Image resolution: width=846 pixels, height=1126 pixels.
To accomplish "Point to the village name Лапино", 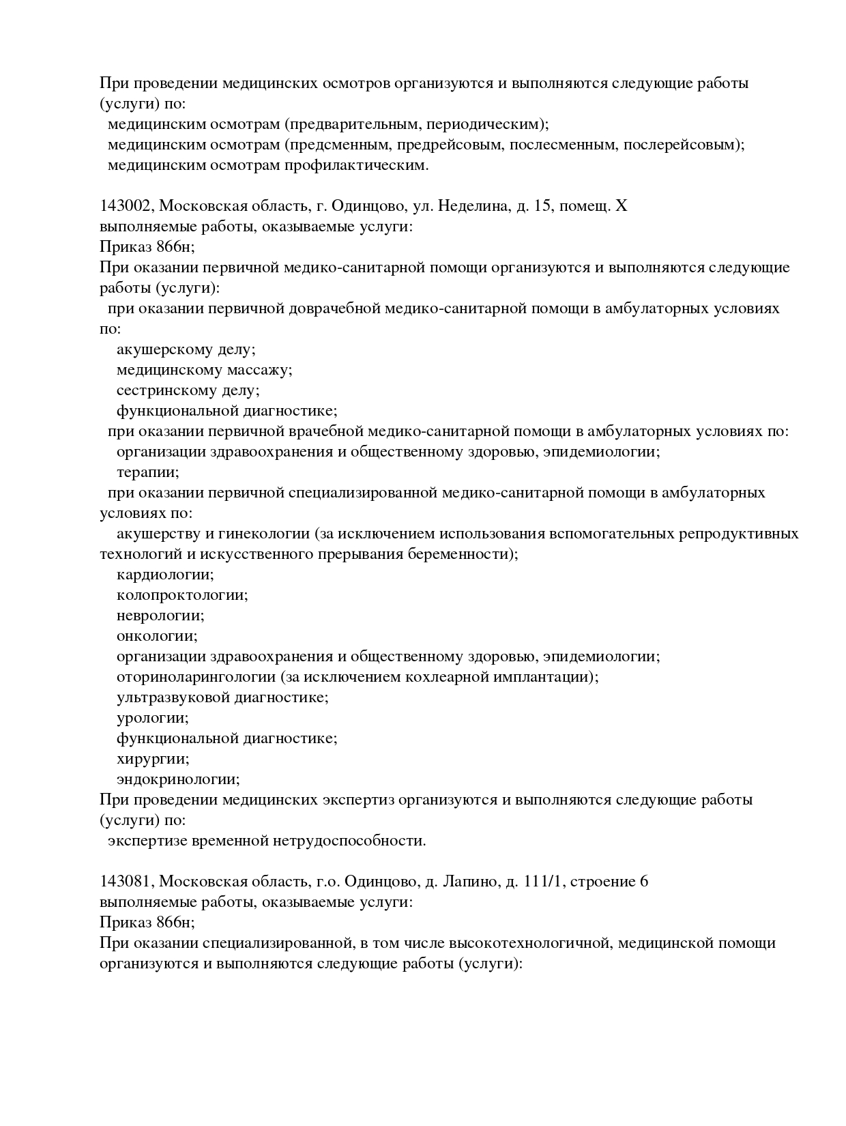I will (x=471, y=882).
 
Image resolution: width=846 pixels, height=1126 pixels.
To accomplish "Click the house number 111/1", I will (x=544, y=882).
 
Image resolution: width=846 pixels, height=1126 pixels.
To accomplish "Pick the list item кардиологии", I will (x=165, y=575).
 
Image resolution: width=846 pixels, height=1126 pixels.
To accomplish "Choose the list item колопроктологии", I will (x=182, y=595).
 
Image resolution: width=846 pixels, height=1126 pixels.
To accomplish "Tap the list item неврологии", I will (x=160, y=616).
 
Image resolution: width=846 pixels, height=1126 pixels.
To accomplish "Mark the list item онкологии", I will (x=157, y=636).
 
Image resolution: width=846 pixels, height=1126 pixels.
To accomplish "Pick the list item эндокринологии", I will (x=178, y=779).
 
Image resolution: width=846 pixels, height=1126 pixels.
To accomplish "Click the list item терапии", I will (x=148, y=472).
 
